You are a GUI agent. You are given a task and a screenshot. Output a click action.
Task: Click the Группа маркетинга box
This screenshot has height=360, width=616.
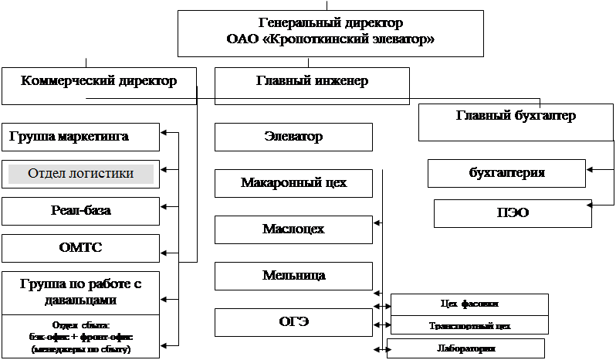[x=80, y=138]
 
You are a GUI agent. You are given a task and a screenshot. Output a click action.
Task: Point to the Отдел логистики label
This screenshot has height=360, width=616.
[x=80, y=174]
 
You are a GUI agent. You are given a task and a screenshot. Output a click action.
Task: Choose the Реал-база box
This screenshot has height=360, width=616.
[x=80, y=210]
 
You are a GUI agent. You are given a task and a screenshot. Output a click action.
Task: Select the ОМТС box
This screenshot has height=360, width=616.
[x=80, y=248]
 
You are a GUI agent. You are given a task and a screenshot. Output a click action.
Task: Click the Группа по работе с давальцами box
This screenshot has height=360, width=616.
[x=80, y=292]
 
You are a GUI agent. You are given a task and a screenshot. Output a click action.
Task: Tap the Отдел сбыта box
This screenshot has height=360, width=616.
[x=80, y=337]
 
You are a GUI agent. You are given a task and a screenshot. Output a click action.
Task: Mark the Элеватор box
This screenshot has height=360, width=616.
[x=293, y=138]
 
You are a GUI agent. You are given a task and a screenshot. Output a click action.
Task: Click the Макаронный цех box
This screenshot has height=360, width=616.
[x=293, y=184]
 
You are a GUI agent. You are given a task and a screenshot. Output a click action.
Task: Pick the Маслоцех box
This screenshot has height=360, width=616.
[x=293, y=229]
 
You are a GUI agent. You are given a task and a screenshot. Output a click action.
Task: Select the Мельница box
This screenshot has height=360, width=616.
[x=293, y=276]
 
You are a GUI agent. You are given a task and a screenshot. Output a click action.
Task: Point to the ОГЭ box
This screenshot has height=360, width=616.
[x=293, y=322]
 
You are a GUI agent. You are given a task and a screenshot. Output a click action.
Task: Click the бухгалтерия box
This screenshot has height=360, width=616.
[x=506, y=172]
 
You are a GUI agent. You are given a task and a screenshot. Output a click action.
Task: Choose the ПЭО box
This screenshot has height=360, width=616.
[x=513, y=213]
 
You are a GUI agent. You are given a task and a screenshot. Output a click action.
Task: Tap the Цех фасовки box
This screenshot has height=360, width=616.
[x=469, y=304]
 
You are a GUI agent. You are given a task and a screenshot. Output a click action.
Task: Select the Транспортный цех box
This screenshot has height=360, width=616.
[x=469, y=326]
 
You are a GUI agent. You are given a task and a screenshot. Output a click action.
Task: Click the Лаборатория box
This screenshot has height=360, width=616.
[x=466, y=348]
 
